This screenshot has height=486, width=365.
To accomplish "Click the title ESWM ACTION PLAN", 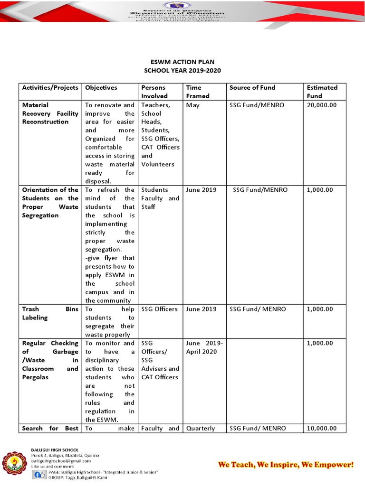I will click(x=182, y=62).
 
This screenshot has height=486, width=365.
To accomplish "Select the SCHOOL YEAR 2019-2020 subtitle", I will click(x=182, y=71).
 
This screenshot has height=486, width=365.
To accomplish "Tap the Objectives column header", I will click(x=101, y=88).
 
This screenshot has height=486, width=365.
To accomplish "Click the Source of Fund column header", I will click(x=252, y=88).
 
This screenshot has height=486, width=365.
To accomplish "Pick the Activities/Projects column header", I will click(x=50, y=88).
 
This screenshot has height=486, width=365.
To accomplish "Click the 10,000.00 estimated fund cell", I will click(x=322, y=429).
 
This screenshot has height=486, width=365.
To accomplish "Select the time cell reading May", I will click(x=192, y=105).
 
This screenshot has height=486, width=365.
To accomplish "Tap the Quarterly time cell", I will click(x=201, y=429).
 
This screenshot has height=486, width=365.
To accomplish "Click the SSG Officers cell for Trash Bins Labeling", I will click(x=160, y=309).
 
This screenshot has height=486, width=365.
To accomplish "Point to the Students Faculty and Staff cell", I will click(x=160, y=198).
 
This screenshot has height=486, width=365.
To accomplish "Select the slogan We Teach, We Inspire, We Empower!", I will click(x=286, y=464).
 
